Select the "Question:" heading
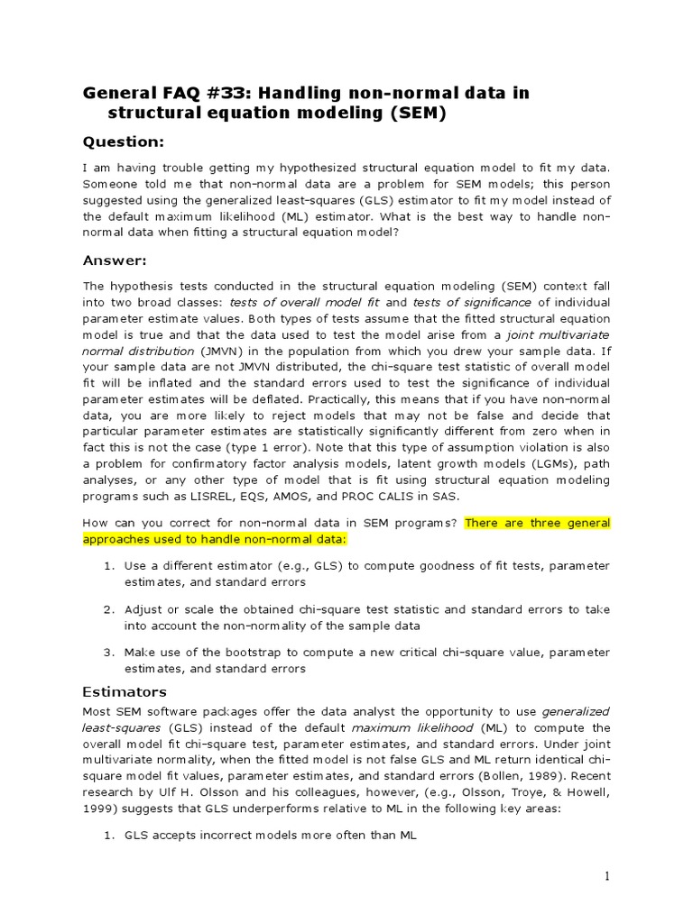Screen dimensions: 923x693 tap(124, 142)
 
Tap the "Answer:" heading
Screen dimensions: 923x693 tap(115, 260)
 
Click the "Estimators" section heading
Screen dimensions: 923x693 tap(125, 691)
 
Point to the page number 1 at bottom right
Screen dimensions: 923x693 tap(608, 876)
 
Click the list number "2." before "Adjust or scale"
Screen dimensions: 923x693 tap(107, 608)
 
